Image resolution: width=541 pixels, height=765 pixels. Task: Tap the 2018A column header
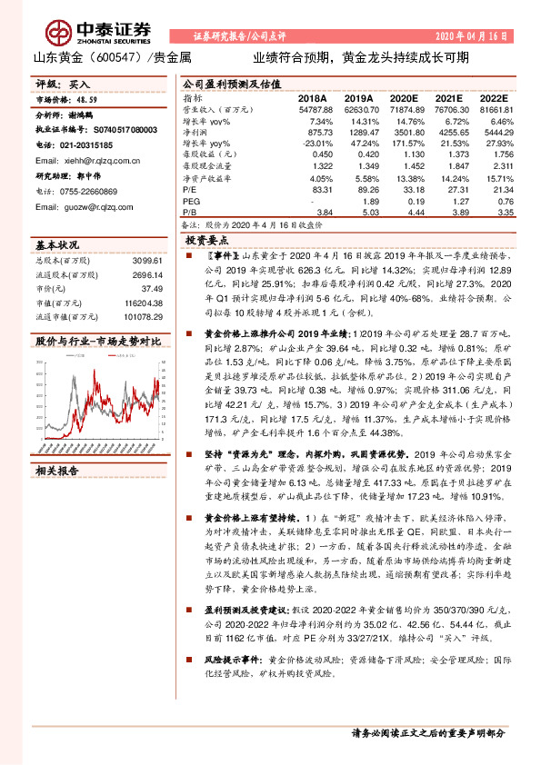tap(312, 97)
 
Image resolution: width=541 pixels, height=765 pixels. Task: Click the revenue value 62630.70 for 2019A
tap(359, 109)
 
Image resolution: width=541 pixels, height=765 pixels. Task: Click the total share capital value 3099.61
tap(145, 260)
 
